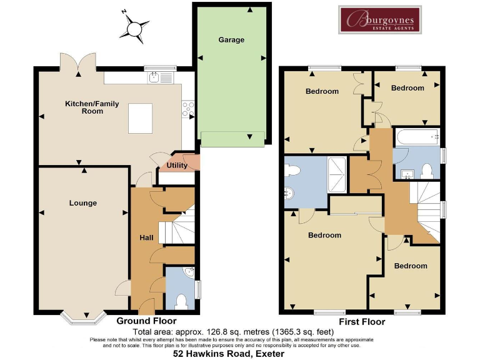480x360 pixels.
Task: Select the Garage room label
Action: point(231,40)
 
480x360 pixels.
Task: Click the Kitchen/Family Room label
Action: point(84,107)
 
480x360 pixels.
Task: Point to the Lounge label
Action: point(82,203)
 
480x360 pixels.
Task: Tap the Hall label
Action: point(146,238)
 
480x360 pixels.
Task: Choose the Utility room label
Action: point(177,166)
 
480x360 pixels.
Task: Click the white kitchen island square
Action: point(141,118)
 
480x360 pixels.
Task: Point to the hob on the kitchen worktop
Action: point(187,110)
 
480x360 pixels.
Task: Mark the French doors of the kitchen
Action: point(77,62)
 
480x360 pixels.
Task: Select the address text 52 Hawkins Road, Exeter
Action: point(229,353)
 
